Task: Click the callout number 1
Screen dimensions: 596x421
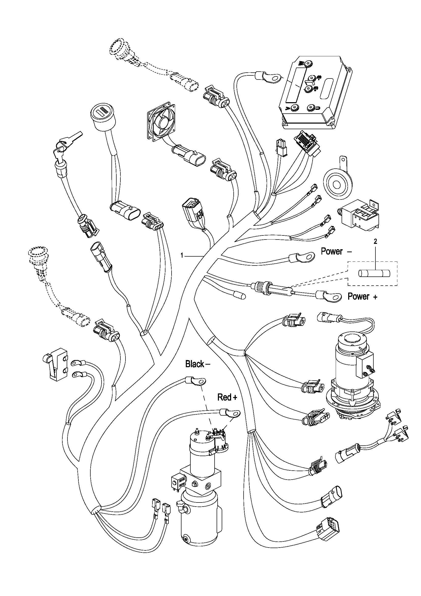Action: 182,256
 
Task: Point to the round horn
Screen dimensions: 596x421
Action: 337,184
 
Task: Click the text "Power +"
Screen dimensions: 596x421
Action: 362,296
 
